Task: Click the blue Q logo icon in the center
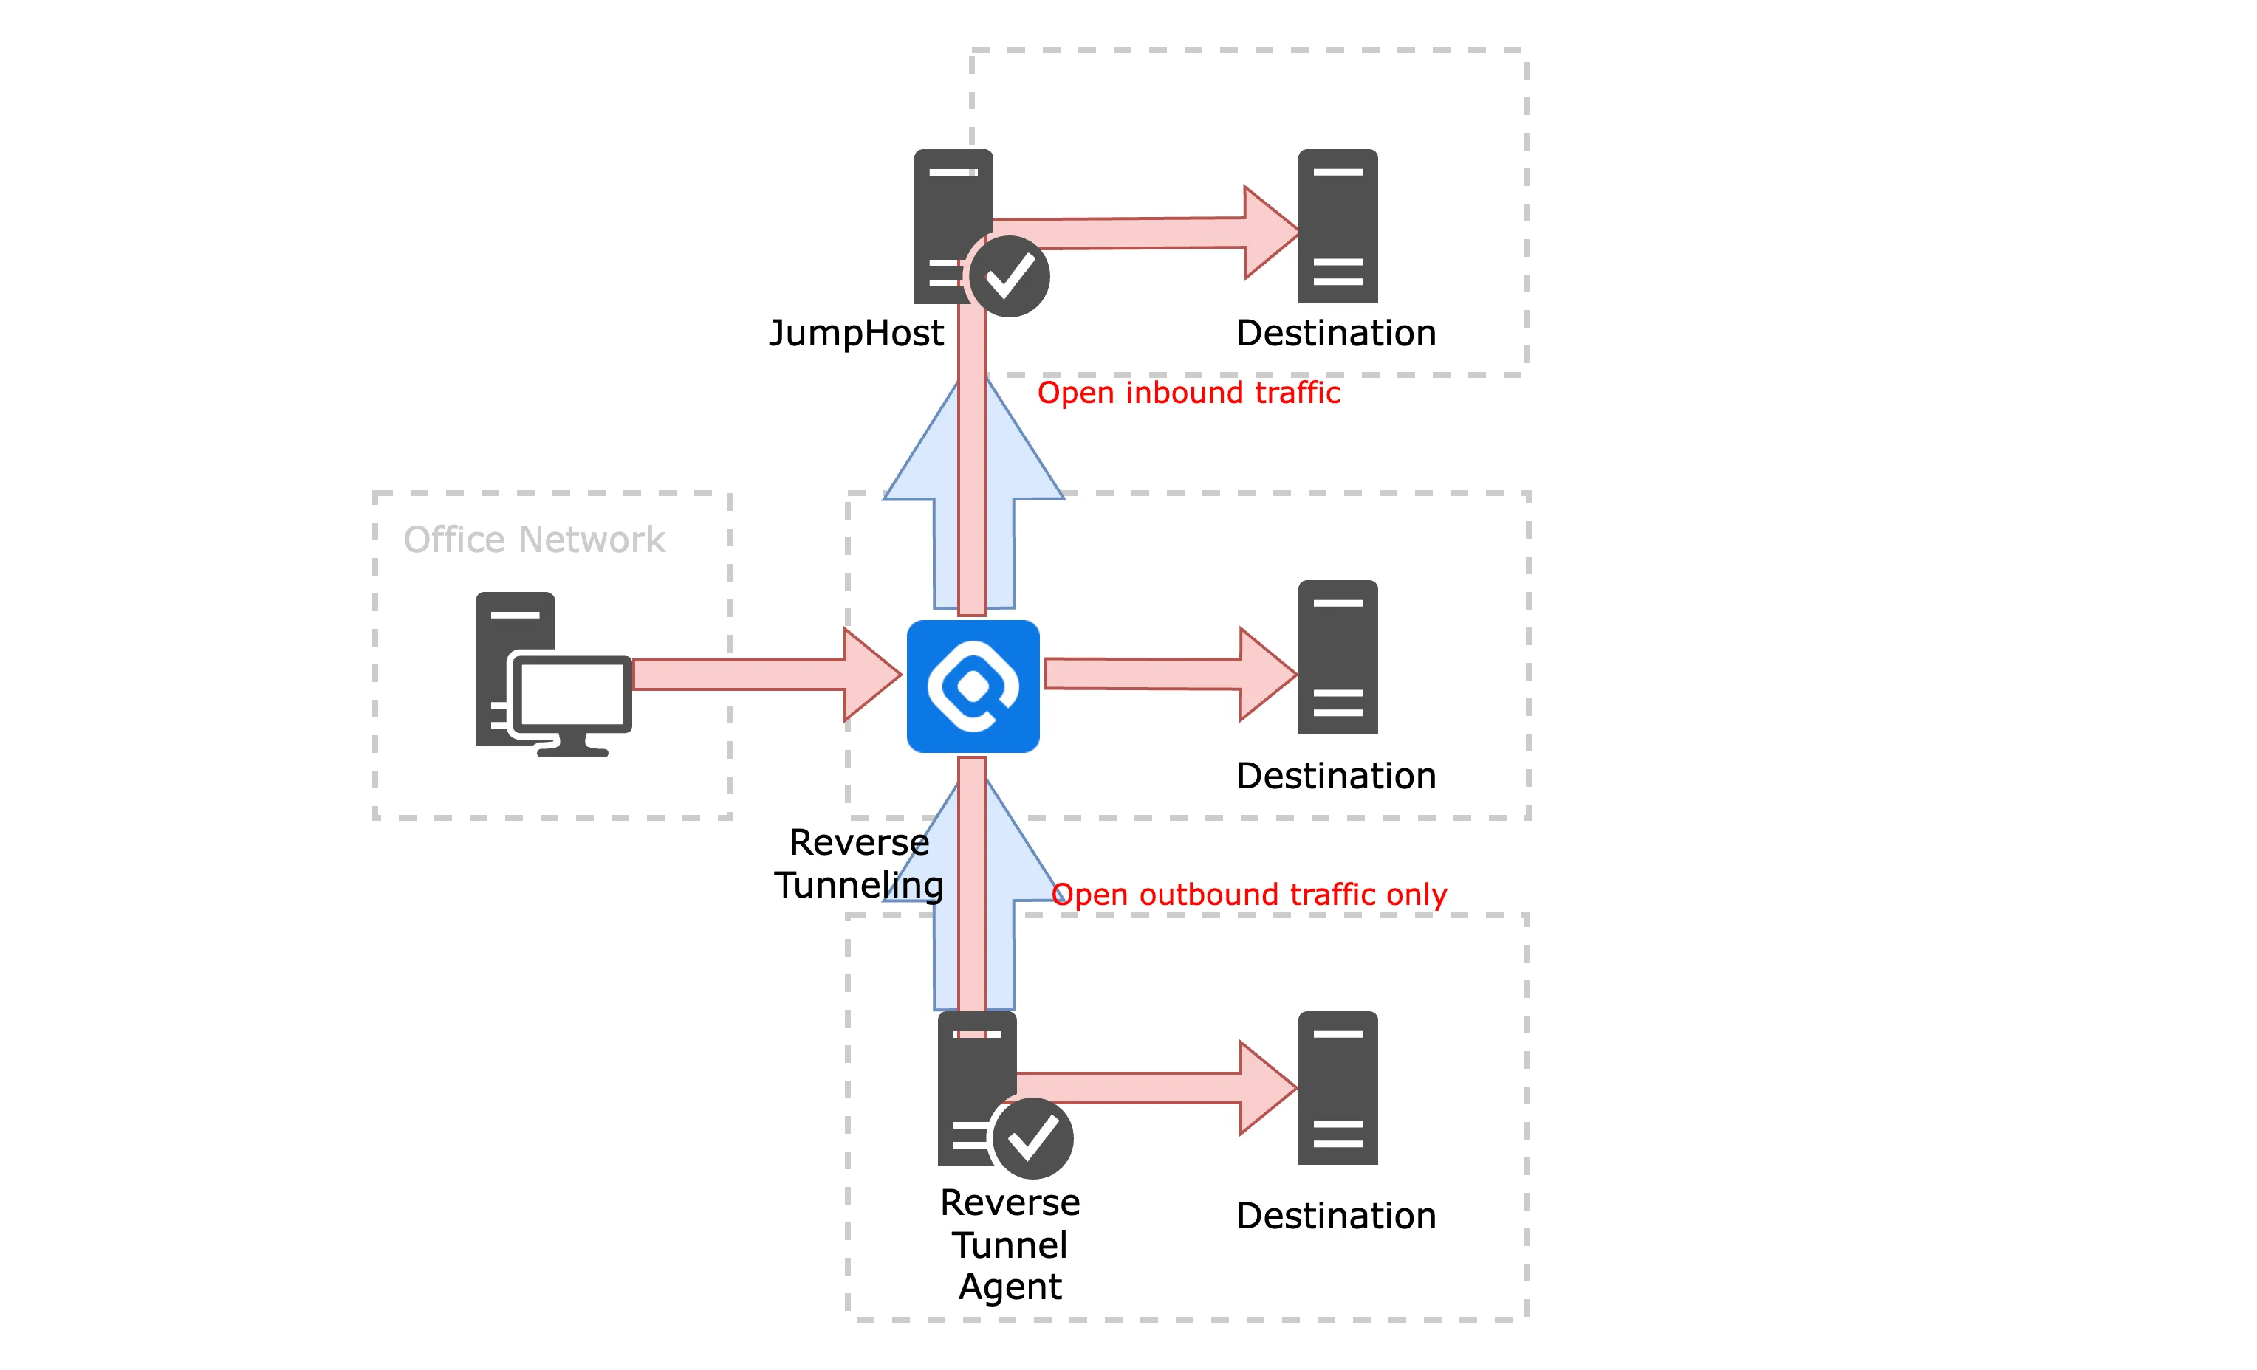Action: (x=973, y=686)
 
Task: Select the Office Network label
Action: (x=534, y=540)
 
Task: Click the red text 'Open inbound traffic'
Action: (x=1188, y=393)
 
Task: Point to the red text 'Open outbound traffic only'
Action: (x=1250, y=894)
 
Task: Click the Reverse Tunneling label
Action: (x=858, y=864)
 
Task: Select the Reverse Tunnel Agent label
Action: (x=1010, y=1244)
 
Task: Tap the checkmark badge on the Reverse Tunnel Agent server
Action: (x=1032, y=1138)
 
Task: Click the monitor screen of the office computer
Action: (x=572, y=694)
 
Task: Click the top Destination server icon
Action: (x=1338, y=225)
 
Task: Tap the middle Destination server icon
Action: (x=1338, y=657)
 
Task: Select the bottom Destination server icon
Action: (x=1338, y=1088)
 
